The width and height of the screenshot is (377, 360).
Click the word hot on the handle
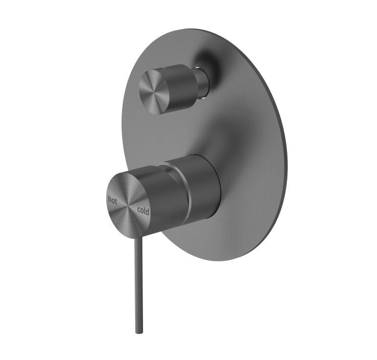113,199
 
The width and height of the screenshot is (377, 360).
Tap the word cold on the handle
143,212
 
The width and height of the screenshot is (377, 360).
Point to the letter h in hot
110,199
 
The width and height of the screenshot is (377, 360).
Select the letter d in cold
148,213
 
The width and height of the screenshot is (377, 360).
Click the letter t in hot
116,200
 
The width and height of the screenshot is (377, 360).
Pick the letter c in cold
139,210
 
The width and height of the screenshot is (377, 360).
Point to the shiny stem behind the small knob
202,81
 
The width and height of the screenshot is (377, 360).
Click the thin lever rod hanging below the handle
139,284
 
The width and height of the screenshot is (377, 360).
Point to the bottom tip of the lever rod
139,331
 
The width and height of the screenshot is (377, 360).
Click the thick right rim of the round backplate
283,147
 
